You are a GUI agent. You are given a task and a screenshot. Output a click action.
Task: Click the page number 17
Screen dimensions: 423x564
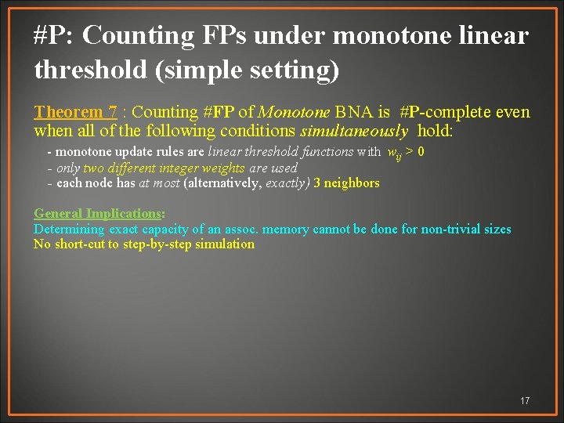[x=525, y=401]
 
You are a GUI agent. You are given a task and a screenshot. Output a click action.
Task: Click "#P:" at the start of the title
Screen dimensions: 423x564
[x=55, y=35]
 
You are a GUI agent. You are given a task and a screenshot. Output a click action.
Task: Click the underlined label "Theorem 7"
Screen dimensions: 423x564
[x=75, y=113]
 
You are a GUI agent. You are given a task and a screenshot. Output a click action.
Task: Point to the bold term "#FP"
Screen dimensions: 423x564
[x=240, y=113]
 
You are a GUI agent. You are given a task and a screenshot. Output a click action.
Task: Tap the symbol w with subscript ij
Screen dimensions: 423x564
[x=396, y=152]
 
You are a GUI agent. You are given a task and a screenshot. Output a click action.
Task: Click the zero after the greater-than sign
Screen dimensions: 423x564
[x=421, y=151]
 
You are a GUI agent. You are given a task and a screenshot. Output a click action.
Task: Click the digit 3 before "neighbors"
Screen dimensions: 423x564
[x=317, y=183]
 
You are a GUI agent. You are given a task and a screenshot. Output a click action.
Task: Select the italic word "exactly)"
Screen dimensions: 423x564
[x=287, y=183]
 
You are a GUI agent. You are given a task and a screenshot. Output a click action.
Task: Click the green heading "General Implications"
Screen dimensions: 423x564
[x=98, y=214]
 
